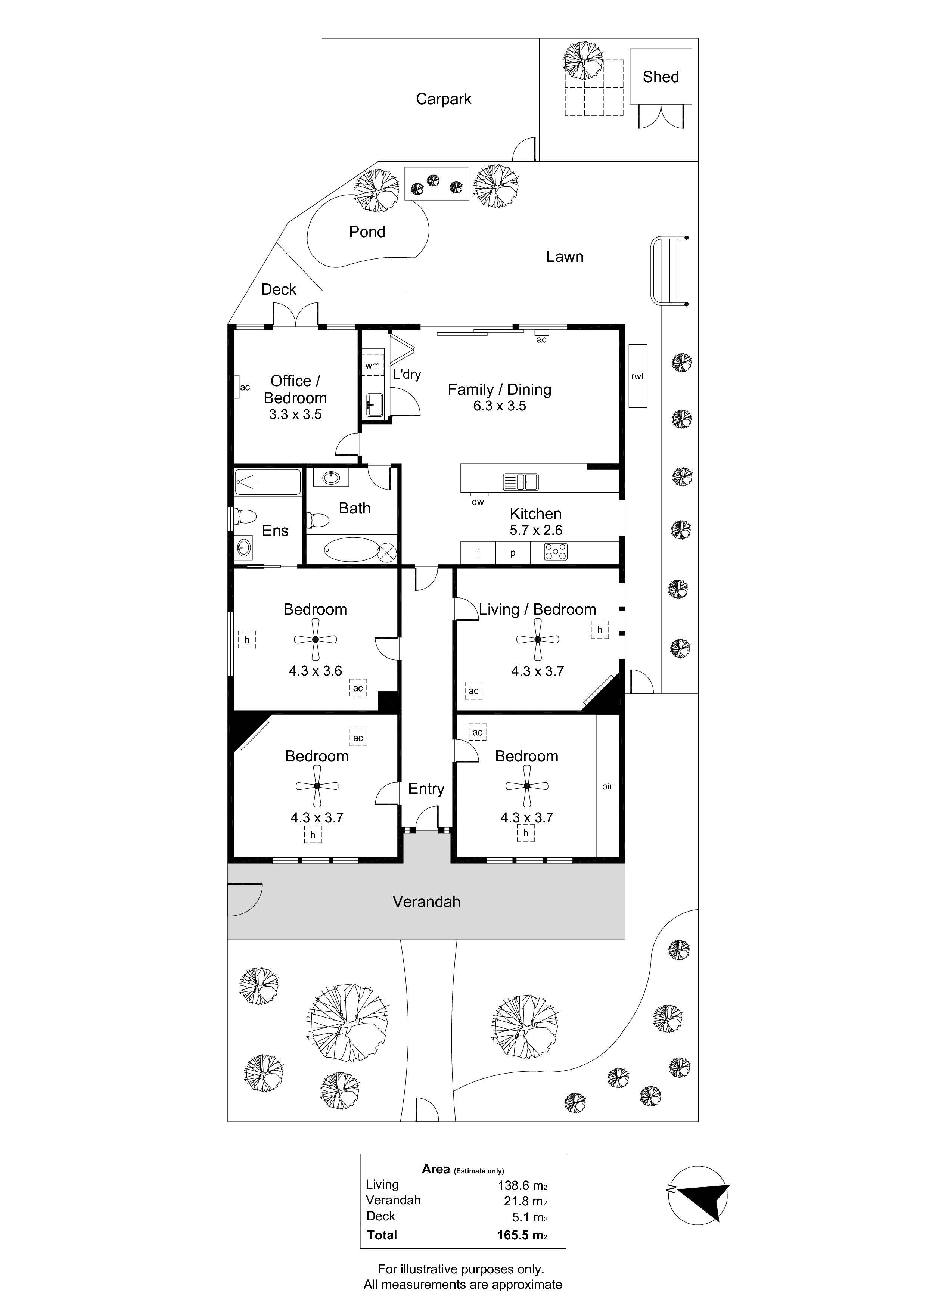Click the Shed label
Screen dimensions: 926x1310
661,77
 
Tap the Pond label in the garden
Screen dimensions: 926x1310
367,232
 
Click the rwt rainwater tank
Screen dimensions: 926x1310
638,376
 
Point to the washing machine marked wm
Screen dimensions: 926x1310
373,365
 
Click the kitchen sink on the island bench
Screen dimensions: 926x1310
521,482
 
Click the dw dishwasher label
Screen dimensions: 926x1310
478,502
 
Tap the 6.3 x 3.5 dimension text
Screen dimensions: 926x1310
500,406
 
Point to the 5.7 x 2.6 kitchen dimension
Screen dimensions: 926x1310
536,530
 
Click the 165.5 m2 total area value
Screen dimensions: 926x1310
522,1236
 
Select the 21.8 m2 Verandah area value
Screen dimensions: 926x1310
525,1201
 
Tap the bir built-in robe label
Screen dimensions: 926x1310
607,786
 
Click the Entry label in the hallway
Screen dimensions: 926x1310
426,789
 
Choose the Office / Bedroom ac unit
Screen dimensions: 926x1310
236,387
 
